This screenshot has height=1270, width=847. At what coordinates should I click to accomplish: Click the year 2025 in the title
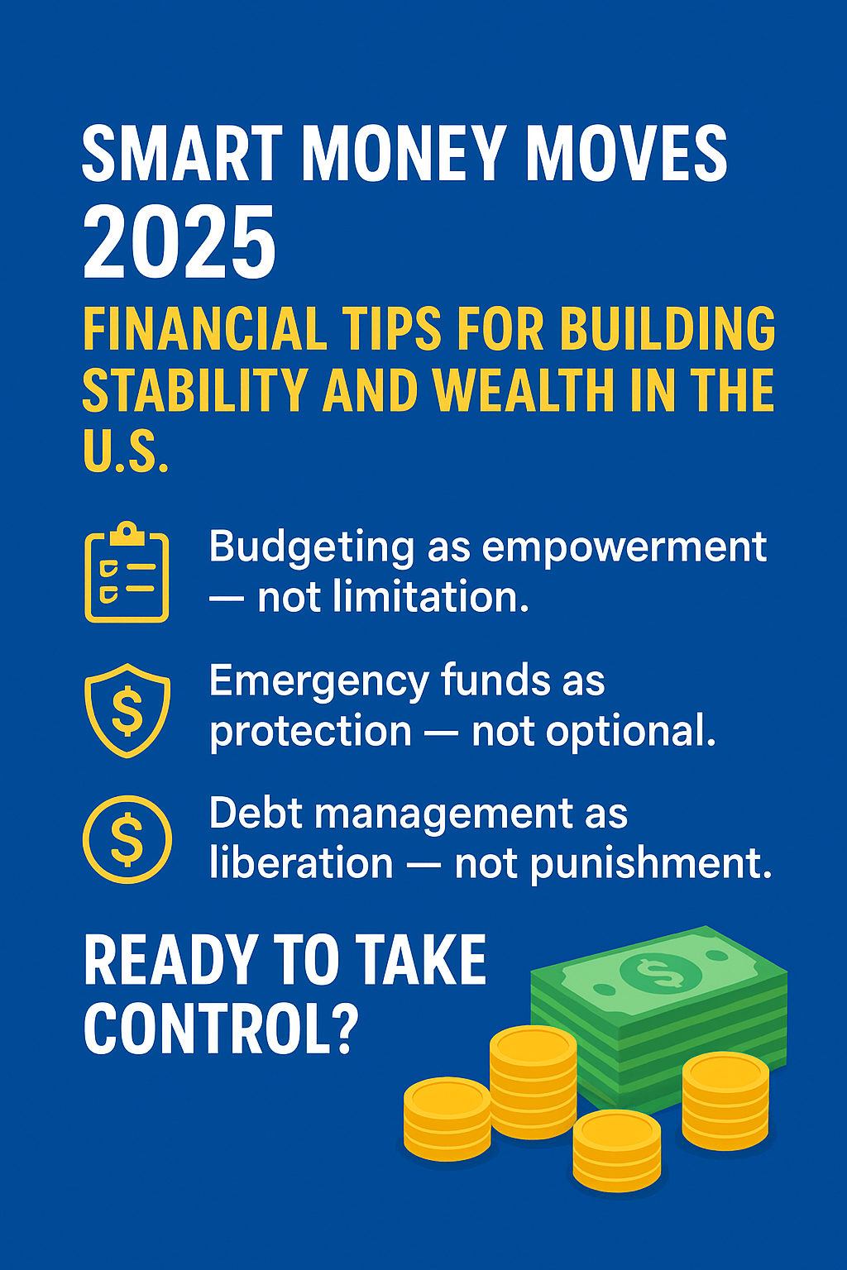pyautogui.click(x=179, y=242)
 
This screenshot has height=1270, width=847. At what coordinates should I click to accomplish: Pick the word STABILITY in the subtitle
pyautogui.click(x=196, y=390)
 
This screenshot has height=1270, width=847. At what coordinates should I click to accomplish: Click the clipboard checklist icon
pyautogui.click(x=127, y=572)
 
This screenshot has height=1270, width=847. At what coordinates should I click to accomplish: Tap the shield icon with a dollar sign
pyautogui.click(x=127, y=710)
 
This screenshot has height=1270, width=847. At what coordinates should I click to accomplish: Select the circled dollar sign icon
pyautogui.click(x=127, y=839)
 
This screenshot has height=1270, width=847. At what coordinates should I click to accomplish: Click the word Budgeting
pyautogui.click(x=312, y=548)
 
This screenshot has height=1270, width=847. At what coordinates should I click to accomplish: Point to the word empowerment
pyautogui.click(x=624, y=548)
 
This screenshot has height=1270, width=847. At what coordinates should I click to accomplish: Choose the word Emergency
pyautogui.click(x=318, y=682)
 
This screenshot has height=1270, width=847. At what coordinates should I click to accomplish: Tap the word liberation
pyautogui.click(x=301, y=863)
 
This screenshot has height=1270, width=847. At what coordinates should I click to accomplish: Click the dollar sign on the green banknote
pyautogui.click(x=660, y=974)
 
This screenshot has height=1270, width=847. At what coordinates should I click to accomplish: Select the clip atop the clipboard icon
pyautogui.click(x=127, y=533)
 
